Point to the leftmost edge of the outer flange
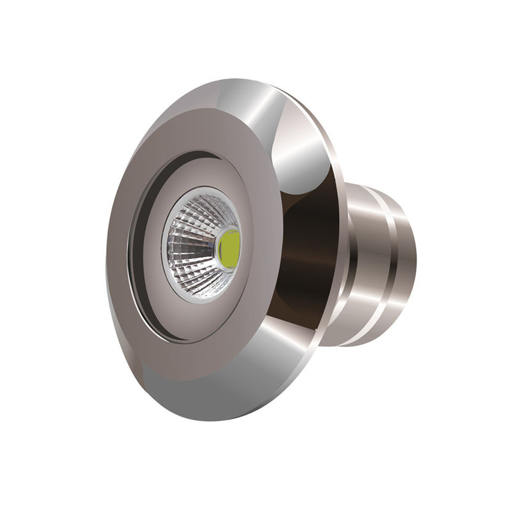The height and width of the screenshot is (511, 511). click(107, 256)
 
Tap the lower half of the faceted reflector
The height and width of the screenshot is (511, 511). click(195, 275)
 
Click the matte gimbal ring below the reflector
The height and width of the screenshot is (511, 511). click(192, 319)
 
